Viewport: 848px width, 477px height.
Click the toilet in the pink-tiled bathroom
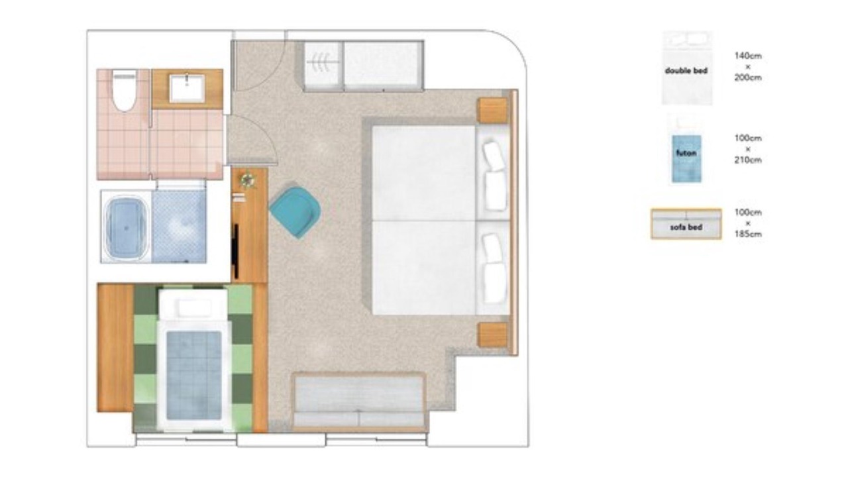coord(124,90)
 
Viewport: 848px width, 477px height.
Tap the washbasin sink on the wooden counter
coord(187,88)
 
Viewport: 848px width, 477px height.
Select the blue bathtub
coord(126,227)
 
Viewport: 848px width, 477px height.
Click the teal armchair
coord(295,211)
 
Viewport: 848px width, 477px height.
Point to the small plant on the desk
coord(248,180)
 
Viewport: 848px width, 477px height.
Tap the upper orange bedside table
coord(492,110)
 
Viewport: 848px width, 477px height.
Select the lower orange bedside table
coord(492,335)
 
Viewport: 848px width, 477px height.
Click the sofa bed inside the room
coord(358,402)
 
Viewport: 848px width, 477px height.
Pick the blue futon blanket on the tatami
coord(194,376)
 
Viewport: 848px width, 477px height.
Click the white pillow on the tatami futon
coord(195,308)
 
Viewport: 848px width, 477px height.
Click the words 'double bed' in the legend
coord(686,71)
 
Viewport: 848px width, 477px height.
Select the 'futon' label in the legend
coord(686,153)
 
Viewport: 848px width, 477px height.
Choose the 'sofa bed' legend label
coord(686,227)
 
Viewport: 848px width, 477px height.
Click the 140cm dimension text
coord(748,56)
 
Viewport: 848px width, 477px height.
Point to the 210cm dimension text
coord(748,160)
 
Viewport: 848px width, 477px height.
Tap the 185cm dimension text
coord(748,234)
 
